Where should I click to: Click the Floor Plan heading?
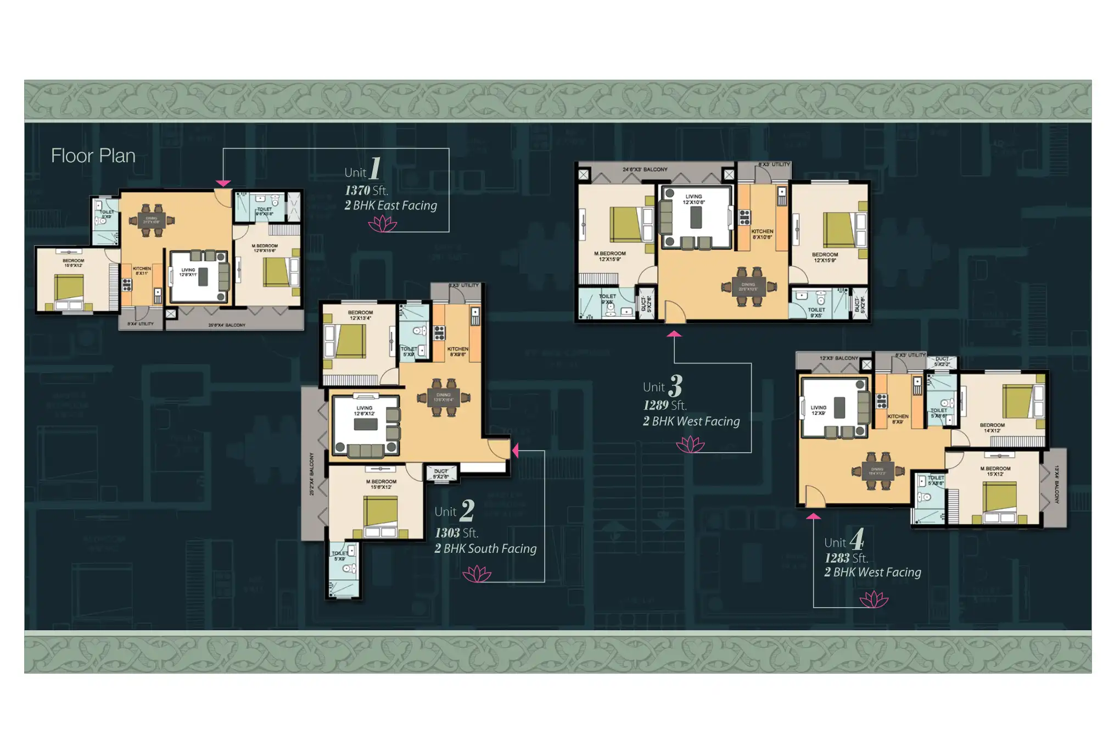93,156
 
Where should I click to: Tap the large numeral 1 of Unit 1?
375,168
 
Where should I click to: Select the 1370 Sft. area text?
366,191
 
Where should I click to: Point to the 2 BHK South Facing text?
485,548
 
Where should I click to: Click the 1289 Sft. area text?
664,406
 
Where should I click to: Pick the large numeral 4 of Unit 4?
857,539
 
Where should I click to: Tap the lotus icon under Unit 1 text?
383,224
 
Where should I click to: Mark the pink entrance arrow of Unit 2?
515,451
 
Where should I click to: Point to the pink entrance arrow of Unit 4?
813,516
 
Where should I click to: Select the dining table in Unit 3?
748,287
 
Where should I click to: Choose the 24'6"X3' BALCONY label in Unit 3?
645,170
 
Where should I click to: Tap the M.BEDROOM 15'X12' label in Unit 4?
995,471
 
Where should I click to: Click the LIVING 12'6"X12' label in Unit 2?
364,410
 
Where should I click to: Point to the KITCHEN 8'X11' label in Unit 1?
142,270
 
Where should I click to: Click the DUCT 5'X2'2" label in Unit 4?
942,361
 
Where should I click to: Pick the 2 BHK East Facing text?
390,206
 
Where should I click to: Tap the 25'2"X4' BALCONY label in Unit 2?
312,474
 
